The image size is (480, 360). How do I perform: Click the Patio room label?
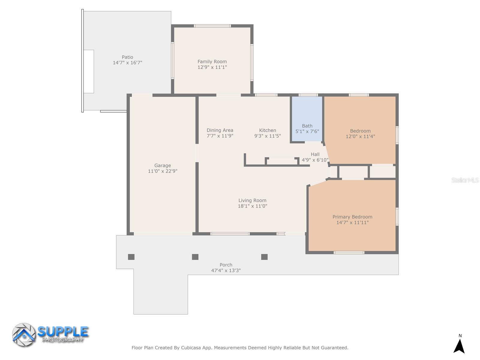[127, 57]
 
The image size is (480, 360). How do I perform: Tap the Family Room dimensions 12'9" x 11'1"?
[212, 67]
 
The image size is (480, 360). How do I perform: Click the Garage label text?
[163, 165]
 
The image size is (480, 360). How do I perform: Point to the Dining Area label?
[220, 130]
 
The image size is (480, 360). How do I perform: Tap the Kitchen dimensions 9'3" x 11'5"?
[267, 136]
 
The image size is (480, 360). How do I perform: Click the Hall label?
[315, 154]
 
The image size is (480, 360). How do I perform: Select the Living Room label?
[252, 200]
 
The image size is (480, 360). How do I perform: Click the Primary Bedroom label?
[352, 217]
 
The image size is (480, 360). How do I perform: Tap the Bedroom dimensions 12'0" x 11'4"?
[360, 136]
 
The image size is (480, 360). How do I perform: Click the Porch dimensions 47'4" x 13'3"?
[226, 270]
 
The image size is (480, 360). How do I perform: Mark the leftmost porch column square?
[131, 257]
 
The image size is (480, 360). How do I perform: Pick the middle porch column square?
[195, 257]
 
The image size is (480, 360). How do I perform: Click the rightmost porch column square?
[264, 257]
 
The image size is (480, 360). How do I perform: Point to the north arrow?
[459, 346]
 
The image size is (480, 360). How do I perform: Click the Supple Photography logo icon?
[24, 335]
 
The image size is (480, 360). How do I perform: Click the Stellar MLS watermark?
[465, 180]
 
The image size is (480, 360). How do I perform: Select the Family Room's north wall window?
[212, 26]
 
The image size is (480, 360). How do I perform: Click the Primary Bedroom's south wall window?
[349, 253]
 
